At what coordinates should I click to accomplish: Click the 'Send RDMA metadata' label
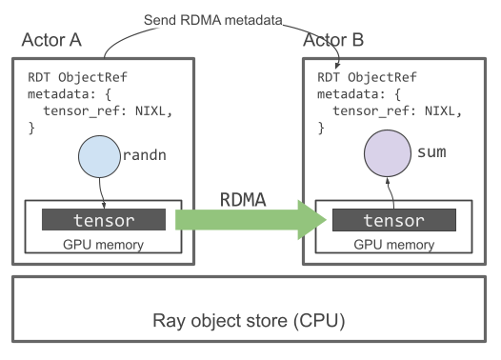tap(212, 19)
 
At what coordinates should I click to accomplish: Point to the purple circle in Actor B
tap(387, 154)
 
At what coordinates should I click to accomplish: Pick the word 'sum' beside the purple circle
tap(432, 152)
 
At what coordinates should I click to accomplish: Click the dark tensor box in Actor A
tap(104, 220)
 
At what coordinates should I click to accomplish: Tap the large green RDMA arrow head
tap(310, 220)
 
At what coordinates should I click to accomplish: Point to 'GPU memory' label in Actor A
tap(102, 245)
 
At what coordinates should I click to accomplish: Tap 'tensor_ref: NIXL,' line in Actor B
tap(395, 111)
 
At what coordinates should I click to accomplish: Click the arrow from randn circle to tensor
tap(102, 193)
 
